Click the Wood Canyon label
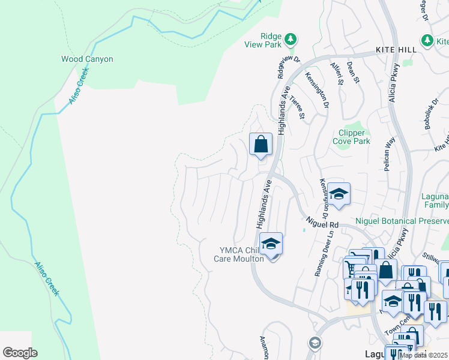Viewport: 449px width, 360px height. (87, 59)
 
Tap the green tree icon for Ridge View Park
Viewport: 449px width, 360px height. (291, 39)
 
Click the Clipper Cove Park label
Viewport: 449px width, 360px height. (351, 137)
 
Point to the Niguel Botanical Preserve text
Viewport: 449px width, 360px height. (402, 220)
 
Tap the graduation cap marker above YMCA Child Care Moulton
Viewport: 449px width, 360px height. (271, 244)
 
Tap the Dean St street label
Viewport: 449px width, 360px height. (353, 73)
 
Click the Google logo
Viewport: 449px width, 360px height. (20, 353)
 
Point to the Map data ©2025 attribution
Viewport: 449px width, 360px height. (423, 355)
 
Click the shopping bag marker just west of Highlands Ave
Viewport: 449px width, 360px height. (261, 145)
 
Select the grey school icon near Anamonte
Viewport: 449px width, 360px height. (314, 343)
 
